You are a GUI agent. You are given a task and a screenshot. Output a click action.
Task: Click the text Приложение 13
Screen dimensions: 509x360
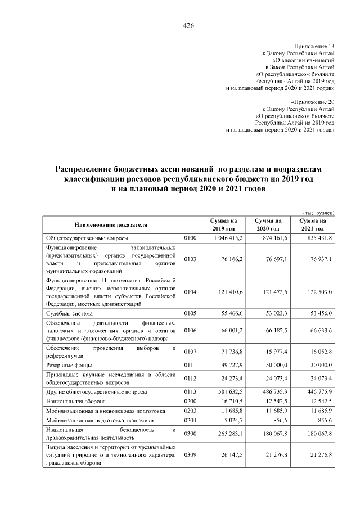pos(314,45)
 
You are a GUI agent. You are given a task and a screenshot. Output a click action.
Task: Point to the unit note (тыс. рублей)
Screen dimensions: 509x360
pos(319,213)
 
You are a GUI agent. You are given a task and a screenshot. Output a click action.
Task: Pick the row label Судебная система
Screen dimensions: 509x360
pos(69,313)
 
